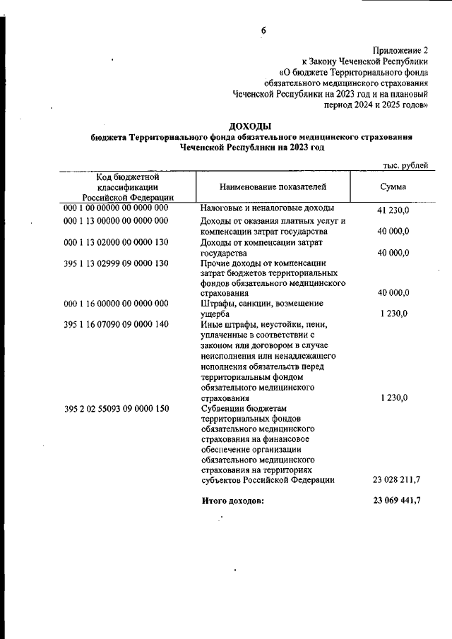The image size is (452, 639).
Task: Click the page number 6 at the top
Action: [263, 30]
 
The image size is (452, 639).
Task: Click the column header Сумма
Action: [393, 186]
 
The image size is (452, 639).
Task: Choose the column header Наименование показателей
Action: [273, 186]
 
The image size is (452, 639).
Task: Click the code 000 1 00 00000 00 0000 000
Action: [116, 209]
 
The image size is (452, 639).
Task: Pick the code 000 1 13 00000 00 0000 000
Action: [116, 221]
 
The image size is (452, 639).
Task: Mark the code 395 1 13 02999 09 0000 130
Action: [116, 263]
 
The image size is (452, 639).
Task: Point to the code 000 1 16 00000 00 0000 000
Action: [116, 304]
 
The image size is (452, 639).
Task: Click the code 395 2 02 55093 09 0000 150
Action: [116, 408]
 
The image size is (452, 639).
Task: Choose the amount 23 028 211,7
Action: [396, 480]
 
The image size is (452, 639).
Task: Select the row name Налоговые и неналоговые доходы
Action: [267, 209]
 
